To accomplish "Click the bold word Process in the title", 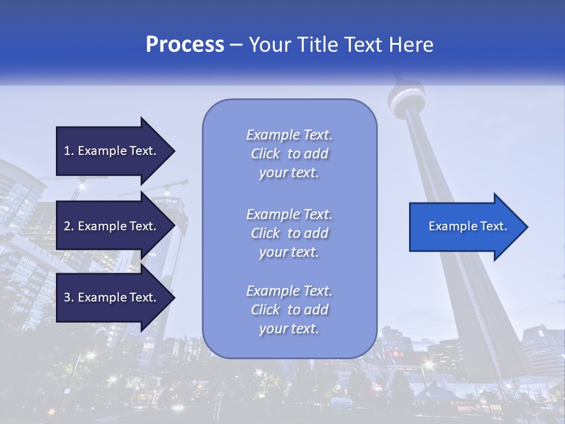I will (x=185, y=45).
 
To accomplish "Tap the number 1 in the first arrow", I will (x=68, y=151).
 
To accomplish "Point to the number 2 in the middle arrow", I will (x=68, y=226).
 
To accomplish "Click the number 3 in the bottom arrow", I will (x=68, y=297).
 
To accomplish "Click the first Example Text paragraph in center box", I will (x=289, y=154).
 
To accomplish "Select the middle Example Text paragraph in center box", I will (x=289, y=233).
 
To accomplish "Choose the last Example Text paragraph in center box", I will (x=289, y=310).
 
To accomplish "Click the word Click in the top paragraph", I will (x=265, y=154).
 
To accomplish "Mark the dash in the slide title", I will (x=237, y=45).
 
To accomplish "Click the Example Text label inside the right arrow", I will (x=468, y=226).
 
